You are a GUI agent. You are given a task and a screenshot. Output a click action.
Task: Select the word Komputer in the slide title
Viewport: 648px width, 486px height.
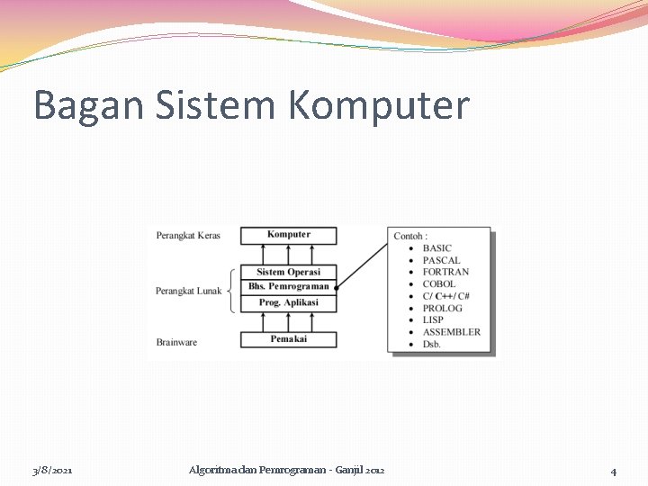(x=379, y=105)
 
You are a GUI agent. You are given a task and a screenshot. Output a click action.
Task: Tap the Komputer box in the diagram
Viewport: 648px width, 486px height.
(x=289, y=235)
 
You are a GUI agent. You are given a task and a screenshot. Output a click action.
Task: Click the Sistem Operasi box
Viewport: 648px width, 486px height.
(x=288, y=272)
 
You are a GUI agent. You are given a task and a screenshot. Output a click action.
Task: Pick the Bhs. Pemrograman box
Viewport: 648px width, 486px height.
(x=289, y=286)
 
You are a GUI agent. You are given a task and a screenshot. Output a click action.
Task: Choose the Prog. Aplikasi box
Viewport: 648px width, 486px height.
(x=289, y=302)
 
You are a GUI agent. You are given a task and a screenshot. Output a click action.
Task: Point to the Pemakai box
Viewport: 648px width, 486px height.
(x=289, y=339)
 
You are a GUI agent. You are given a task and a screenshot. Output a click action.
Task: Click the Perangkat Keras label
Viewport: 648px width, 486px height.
(x=188, y=236)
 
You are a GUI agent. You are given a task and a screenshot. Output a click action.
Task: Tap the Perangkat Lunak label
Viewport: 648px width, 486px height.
(x=188, y=291)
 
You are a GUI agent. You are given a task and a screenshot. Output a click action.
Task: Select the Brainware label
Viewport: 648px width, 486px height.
(x=176, y=342)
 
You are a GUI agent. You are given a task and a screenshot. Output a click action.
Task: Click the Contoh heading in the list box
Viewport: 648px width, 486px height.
(x=410, y=236)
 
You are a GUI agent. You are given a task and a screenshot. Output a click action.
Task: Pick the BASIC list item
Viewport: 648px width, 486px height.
(x=437, y=248)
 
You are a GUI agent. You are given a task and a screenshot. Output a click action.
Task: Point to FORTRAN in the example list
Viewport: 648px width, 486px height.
(x=445, y=272)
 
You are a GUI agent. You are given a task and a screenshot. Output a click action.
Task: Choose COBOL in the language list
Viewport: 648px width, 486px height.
(x=439, y=284)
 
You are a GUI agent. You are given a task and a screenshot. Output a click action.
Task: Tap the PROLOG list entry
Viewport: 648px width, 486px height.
(x=442, y=308)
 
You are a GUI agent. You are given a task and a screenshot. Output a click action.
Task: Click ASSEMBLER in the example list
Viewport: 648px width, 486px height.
(x=451, y=332)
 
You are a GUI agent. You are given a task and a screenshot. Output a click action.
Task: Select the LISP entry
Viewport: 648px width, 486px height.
(x=433, y=319)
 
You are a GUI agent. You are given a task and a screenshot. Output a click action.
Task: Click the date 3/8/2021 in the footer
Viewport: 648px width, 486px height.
(x=52, y=471)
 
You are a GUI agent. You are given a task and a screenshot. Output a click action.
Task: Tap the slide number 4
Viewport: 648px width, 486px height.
(x=613, y=471)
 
